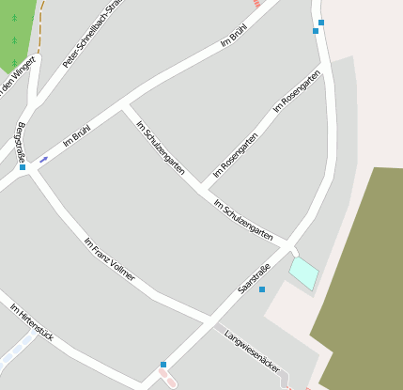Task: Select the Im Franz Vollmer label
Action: [x=109, y=259]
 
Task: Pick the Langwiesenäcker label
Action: [x=253, y=351]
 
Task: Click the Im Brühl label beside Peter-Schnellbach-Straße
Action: [x=233, y=35]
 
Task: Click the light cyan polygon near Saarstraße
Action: [x=303, y=273]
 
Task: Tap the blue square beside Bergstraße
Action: [x=23, y=167]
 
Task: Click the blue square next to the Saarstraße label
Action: [x=262, y=289]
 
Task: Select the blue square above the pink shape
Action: [x=163, y=365]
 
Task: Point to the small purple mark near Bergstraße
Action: [x=43, y=159]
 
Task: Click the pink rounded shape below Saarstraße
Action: [x=167, y=378]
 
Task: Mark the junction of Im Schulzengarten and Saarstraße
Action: [x=284, y=246]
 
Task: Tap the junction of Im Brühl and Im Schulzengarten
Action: [x=123, y=106]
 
